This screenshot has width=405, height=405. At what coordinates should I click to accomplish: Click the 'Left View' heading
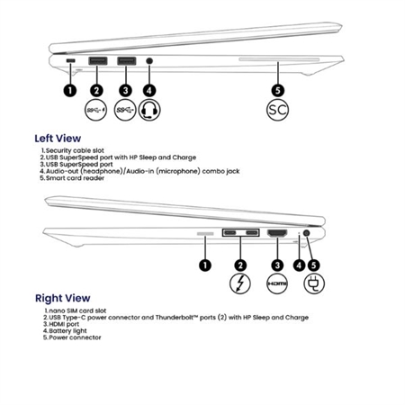click(58, 139)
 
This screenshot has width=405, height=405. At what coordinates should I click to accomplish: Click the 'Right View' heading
click(62, 298)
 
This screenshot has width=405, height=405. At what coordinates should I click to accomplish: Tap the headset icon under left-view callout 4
click(149, 110)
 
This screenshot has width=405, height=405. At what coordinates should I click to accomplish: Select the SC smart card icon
click(277, 110)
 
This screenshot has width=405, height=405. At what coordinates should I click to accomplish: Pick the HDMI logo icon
click(277, 283)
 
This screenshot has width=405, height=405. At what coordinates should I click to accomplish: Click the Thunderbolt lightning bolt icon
click(240, 283)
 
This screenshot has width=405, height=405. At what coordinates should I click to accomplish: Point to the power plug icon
click(314, 283)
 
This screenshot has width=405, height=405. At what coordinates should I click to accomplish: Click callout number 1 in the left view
click(70, 90)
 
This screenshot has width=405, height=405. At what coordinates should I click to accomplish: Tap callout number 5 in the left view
click(278, 90)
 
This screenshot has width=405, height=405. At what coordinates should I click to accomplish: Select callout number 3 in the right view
click(277, 265)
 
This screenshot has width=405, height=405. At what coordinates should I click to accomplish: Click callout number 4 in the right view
click(299, 265)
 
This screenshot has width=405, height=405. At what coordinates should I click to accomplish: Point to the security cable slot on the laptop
click(71, 61)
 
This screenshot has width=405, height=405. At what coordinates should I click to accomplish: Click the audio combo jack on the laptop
click(149, 61)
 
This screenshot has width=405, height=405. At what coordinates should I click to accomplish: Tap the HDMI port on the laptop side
click(277, 233)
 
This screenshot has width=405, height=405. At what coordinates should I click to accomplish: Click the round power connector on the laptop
click(307, 233)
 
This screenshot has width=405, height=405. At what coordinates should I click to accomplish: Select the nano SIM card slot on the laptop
click(205, 234)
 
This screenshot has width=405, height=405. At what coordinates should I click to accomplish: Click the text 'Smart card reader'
click(75, 178)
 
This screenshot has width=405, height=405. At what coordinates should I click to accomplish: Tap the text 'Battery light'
click(67, 331)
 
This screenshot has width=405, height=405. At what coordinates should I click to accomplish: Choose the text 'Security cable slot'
click(75, 150)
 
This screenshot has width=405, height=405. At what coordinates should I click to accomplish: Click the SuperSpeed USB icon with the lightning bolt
click(96, 110)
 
